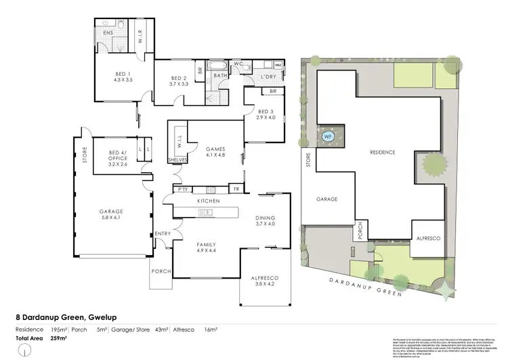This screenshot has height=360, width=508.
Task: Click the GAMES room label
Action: (216, 149)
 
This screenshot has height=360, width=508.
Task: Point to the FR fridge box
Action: (236, 189)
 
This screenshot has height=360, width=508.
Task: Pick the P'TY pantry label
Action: (182, 189)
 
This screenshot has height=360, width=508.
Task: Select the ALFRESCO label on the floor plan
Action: (266, 278)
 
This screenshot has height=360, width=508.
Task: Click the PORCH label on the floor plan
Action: (161, 272)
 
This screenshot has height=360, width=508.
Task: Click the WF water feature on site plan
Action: (329, 135)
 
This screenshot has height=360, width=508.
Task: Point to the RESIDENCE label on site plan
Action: (382, 153)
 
